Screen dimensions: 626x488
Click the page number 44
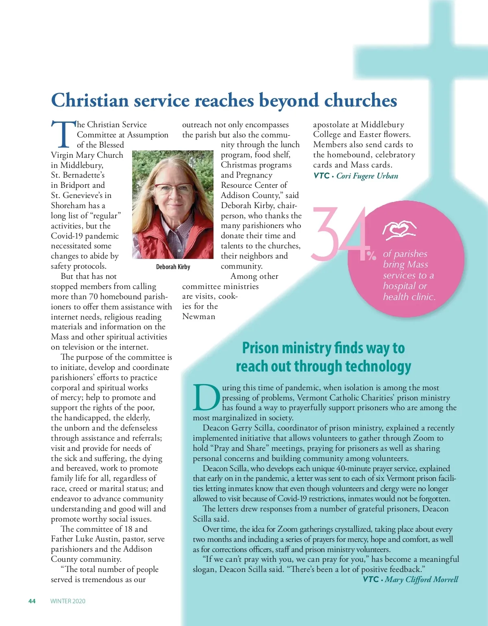click(x=32, y=601)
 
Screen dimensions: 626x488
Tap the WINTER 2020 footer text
click(x=68, y=601)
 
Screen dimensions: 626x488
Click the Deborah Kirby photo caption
click(x=173, y=267)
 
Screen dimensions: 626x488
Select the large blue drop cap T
click(x=63, y=135)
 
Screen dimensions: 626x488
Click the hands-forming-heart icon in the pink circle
click(x=399, y=230)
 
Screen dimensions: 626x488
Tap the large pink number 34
click(x=339, y=235)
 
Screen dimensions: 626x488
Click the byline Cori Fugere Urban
click(x=367, y=176)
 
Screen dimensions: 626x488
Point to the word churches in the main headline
click(x=360, y=100)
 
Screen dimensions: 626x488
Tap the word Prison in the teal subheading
click(x=260, y=348)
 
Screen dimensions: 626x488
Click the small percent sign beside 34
click(x=371, y=256)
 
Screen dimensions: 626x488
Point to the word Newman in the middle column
click(x=199, y=317)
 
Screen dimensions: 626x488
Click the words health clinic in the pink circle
click(x=409, y=297)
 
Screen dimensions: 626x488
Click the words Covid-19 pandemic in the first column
click(x=85, y=236)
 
